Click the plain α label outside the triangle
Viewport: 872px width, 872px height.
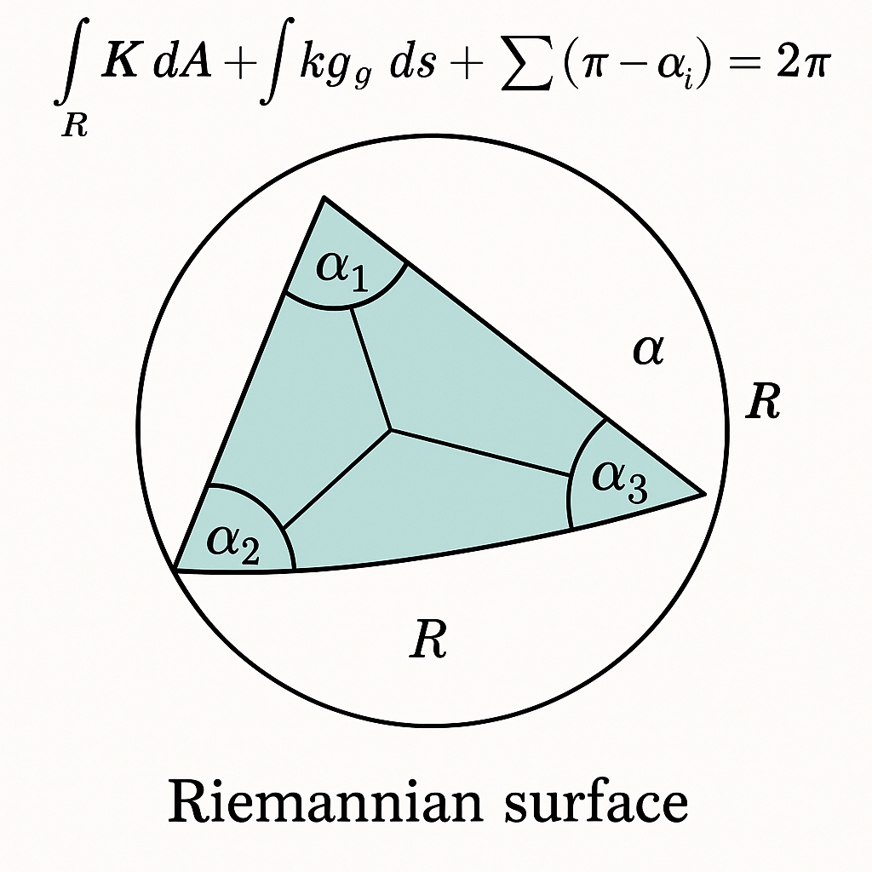click(x=647, y=350)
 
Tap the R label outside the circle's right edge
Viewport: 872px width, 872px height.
click(x=762, y=401)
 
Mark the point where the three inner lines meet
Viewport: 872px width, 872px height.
click(x=391, y=429)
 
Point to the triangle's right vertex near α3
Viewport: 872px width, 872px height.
click(x=703, y=492)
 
